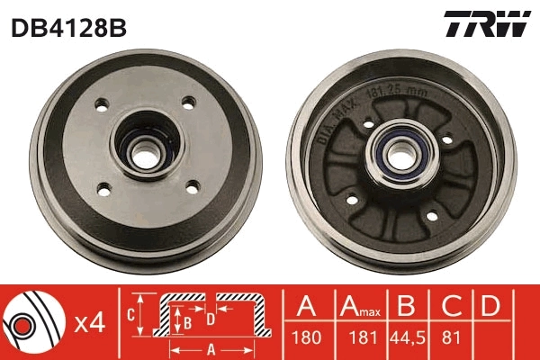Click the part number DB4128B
(68, 28)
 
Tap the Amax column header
(360, 307)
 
